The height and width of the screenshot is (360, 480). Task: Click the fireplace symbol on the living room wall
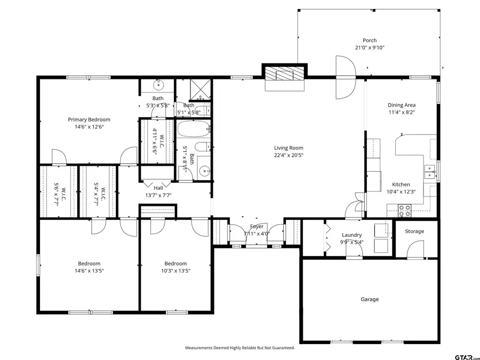coord(285,74)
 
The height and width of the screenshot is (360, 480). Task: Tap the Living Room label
coord(289,148)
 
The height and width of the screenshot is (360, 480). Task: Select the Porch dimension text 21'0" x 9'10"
coord(370,47)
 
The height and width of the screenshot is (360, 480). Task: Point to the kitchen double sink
coord(429,171)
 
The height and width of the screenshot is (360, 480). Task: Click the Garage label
coord(370,299)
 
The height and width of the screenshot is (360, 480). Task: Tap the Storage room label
coord(414,231)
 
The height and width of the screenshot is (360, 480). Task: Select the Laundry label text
coord(352,235)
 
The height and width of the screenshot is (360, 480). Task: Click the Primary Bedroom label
coord(89,119)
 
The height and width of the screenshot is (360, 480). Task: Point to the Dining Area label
coord(402,105)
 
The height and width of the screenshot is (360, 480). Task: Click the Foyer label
coord(257,227)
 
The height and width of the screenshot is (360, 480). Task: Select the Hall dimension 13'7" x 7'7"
coord(158,195)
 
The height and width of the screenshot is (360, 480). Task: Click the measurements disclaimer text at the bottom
coord(239,348)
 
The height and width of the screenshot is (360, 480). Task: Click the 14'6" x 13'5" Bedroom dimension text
coord(89,271)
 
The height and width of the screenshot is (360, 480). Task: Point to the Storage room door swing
coord(413,250)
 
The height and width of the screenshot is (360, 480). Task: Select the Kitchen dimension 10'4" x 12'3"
coord(402,191)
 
